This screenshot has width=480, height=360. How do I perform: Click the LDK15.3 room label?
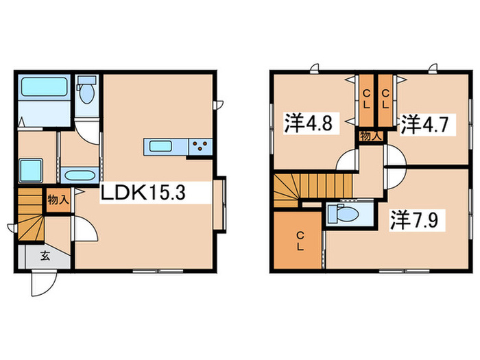[x=143, y=194]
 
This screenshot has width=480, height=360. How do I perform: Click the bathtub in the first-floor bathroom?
[x=43, y=88]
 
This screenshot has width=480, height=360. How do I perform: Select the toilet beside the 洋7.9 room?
[x=345, y=215]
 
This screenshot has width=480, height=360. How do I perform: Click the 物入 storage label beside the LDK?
[x=57, y=200]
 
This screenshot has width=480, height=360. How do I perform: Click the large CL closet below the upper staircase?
[x=299, y=241]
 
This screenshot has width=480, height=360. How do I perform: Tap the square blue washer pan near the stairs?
[x=32, y=170]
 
